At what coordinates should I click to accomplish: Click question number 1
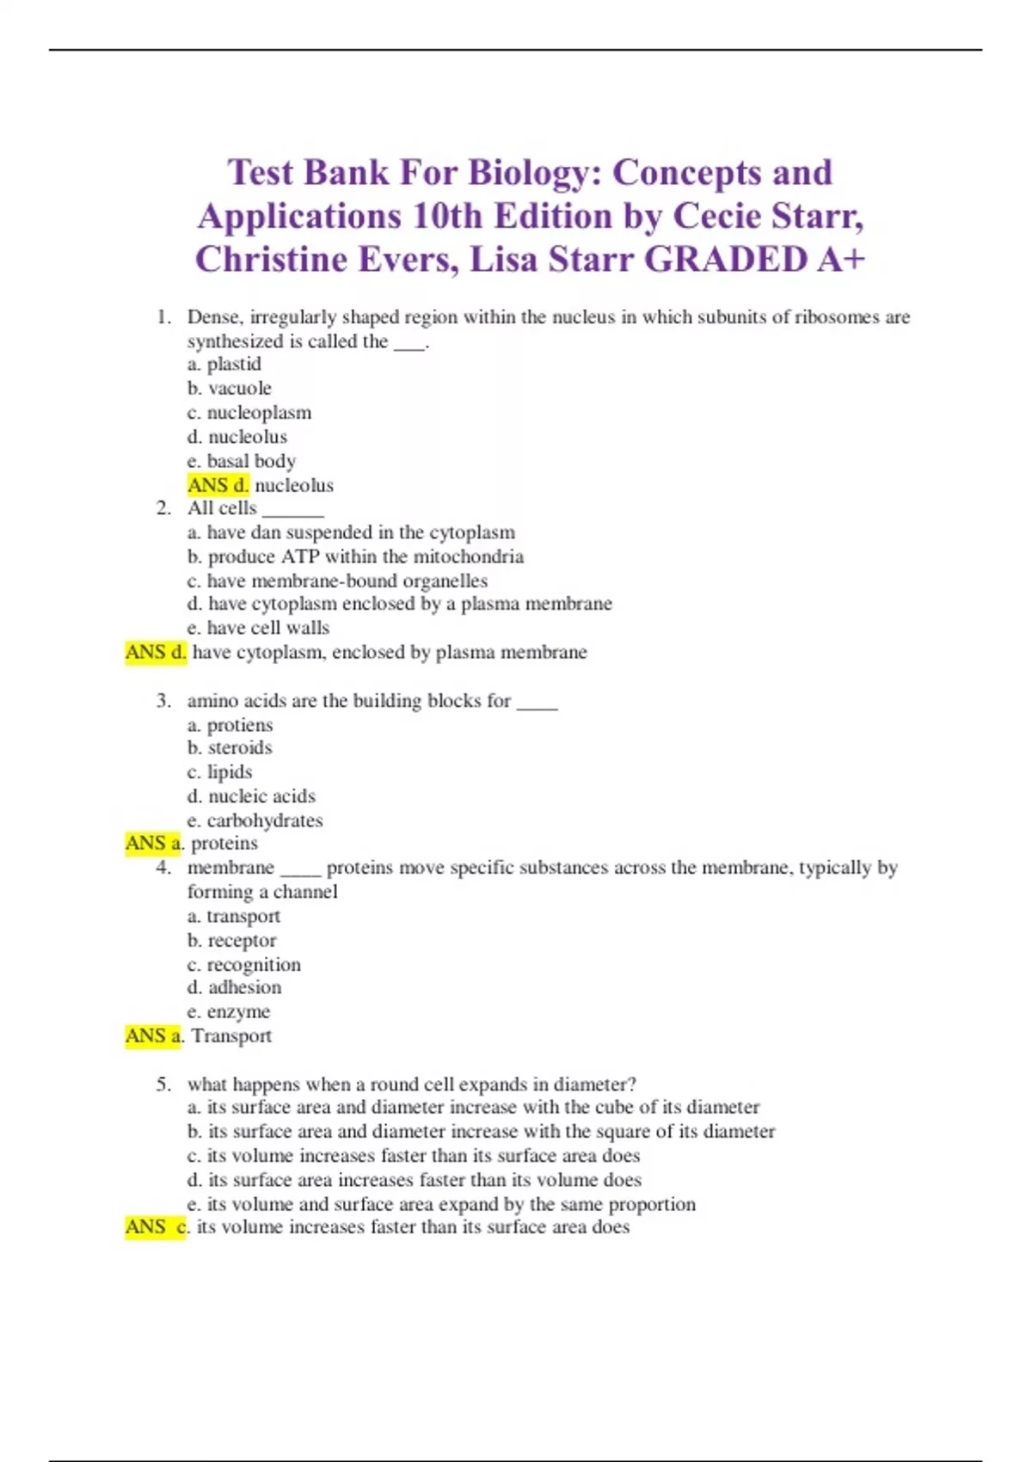click(163, 317)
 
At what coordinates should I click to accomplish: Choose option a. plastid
click(224, 365)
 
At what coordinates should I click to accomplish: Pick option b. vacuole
click(230, 389)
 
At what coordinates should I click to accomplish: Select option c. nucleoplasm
click(249, 413)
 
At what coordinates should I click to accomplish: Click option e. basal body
click(242, 461)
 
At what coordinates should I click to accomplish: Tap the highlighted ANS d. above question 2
click(218, 485)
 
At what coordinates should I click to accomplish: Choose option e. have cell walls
click(258, 628)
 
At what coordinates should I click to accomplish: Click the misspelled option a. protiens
click(230, 725)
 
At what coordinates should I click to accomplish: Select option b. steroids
click(230, 748)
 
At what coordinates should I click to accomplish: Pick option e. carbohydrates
click(255, 820)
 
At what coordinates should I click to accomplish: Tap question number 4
click(163, 868)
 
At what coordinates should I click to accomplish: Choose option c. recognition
click(244, 965)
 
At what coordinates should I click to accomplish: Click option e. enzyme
click(229, 1012)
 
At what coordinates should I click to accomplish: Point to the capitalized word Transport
click(231, 1036)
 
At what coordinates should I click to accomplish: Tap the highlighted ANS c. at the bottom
click(156, 1227)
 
